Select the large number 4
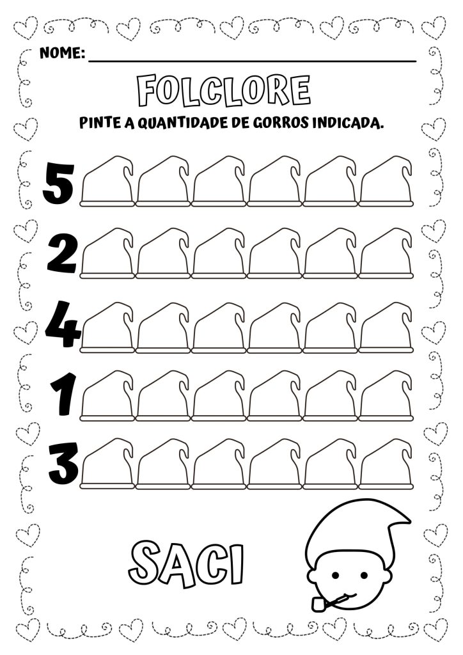(63, 326)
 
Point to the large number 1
(63, 394)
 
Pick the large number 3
(63, 462)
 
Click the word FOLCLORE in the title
(224, 90)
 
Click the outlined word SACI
(186, 564)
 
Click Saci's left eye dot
(335, 575)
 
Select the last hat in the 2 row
(386, 253)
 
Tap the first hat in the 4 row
(107, 327)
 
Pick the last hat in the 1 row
(386, 395)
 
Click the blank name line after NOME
(252, 61)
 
